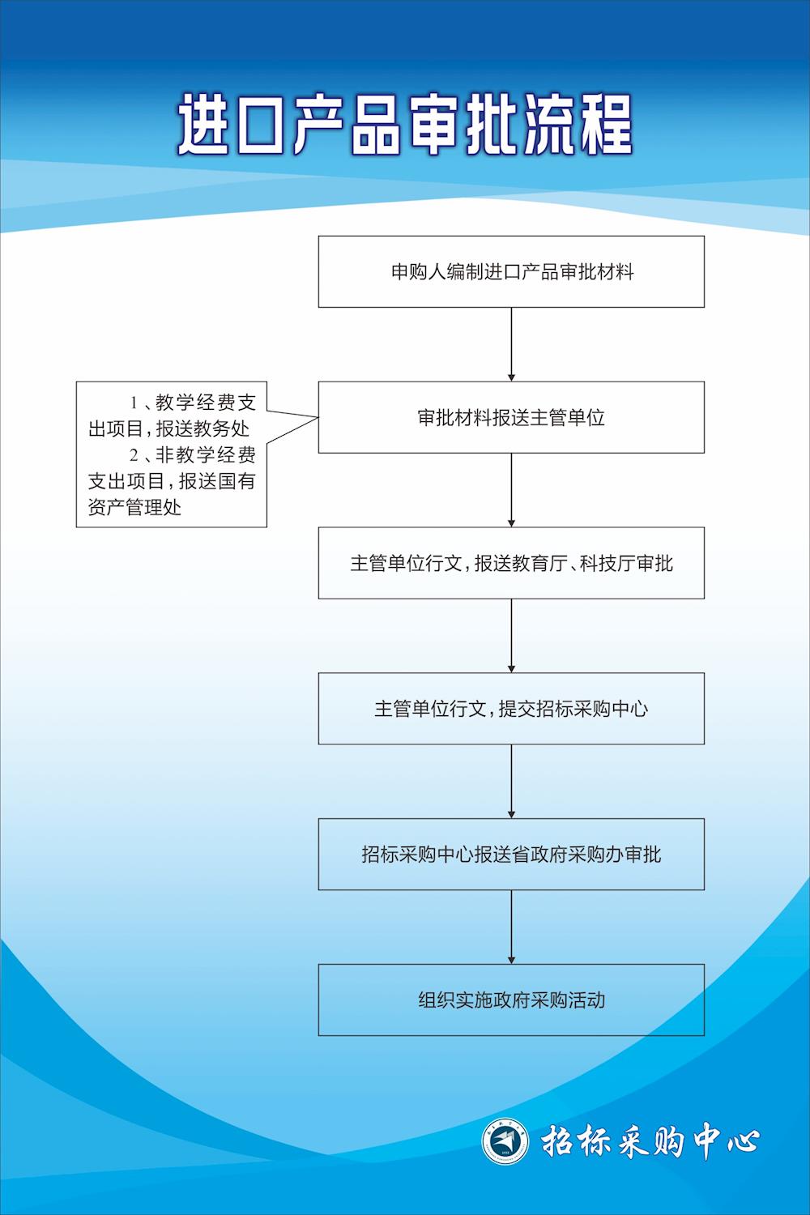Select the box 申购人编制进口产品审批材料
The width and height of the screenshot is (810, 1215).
click(x=511, y=272)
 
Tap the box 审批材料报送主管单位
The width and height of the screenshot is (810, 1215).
click(x=511, y=418)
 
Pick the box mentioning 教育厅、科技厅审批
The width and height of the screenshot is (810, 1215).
click(x=511, y=564)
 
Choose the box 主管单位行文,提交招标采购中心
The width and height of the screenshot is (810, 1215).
click(x=511, y=710)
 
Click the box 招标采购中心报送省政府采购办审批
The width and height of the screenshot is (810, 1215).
click(x=511, y=855)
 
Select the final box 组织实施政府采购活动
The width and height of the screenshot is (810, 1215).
click(x=511, y=1000)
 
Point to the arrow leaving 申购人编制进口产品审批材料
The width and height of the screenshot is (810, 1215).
click(x=511, y=344)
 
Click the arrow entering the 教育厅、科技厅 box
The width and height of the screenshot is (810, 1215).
click(x=511, y=490)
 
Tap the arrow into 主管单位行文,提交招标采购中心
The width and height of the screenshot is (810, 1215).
click(x=511, y=636)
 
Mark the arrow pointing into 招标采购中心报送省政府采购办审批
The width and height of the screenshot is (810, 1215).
click(x=511, y=782)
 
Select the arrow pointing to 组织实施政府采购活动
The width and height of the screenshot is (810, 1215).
click(x=511, y=927)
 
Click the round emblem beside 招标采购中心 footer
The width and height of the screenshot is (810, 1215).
click(x=506, y=1142)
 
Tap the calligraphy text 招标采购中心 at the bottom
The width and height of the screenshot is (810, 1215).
click(x=650, y=1142)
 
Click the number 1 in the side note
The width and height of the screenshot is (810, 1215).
click(x=134, y=403)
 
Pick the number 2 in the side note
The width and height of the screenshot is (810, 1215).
click(x=134, y=455)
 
